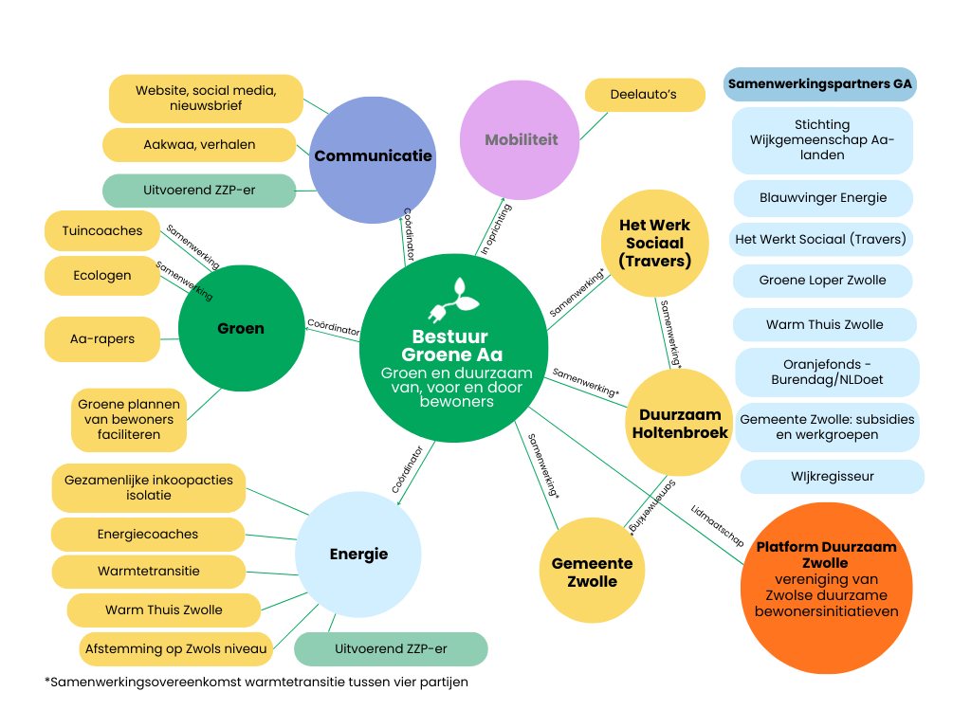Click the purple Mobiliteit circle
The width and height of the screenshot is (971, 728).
[x=520, y=140]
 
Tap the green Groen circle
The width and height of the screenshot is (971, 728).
[x=241, y=329]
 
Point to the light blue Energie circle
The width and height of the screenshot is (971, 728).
[x=358, y=555]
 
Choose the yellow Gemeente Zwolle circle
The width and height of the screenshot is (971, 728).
[x=593, y=571]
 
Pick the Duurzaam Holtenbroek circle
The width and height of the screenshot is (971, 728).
[x=680, y=424]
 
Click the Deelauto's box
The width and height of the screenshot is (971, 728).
[x=645, y=95]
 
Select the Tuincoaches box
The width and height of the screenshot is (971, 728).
[x=102, y=231]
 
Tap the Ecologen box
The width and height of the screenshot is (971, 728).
[x=102, y=276]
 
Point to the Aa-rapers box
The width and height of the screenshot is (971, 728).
[x=102, y=339]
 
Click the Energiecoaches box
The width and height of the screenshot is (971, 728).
[x=148, y=535]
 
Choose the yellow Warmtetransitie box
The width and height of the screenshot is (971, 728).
[x=148, y=572]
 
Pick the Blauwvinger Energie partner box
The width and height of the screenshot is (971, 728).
[x=823, y=198]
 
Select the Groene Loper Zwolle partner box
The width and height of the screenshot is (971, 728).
[x=823, y=281]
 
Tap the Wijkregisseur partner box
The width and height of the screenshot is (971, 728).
[x=832, y=477]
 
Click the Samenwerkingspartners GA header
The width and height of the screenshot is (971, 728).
[x=820, y=84]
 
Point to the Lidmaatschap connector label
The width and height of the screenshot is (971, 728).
[x=718, y=525]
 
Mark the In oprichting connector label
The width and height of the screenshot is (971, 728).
[x=496, y=229]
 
